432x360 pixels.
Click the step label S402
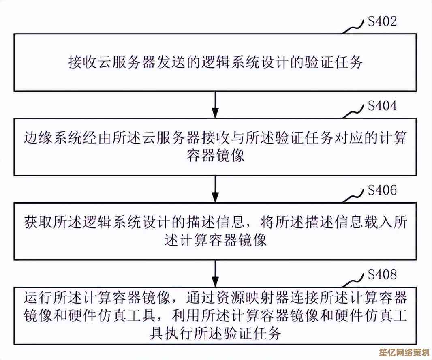pos(382,21)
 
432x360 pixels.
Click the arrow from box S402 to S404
pos(216,104)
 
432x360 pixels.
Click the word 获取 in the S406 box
pos(35,222)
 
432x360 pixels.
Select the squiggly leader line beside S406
pos(354,197)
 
